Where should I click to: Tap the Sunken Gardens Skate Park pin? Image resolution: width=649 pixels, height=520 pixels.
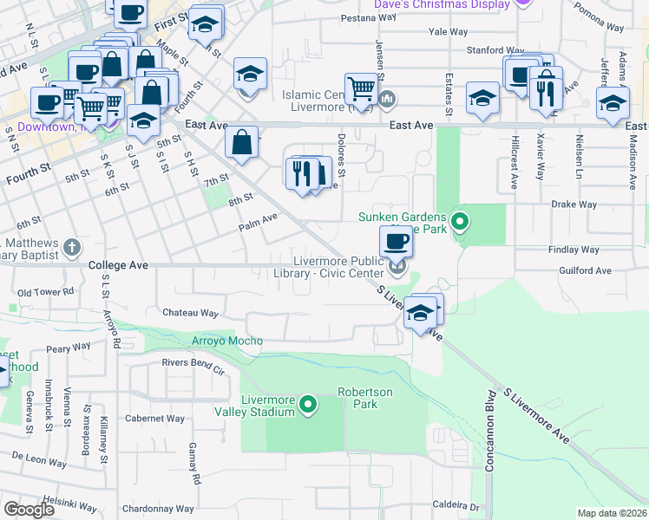pos(460,222)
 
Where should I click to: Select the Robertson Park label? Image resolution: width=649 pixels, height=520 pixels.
pos(365,398)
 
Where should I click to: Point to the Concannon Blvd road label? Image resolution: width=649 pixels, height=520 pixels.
pos(488,454)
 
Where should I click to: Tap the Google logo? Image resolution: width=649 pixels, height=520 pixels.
pos(29,509)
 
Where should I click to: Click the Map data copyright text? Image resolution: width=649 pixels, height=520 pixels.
pos(612,513)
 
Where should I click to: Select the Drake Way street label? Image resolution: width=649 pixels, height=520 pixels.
pos(574,205)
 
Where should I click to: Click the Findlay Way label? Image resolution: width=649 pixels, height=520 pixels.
pos(574,250)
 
